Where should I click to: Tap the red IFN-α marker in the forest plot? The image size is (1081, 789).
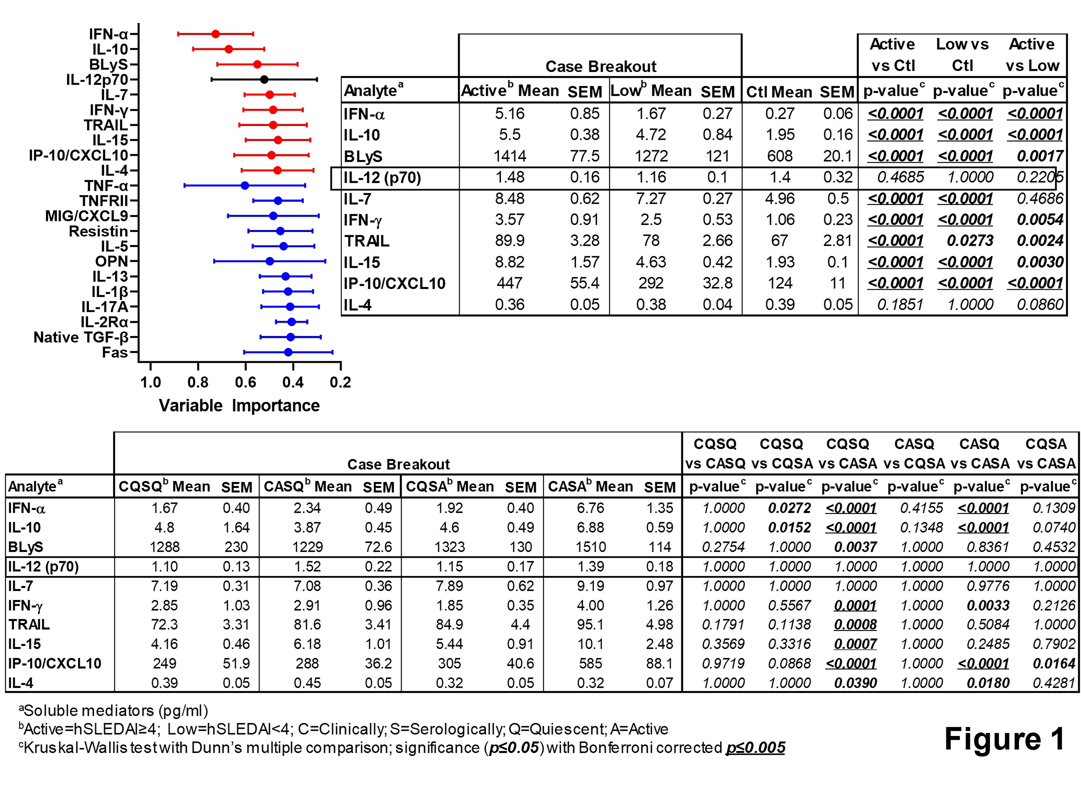[x=216, y=34]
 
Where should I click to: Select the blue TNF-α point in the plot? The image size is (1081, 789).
[x=245, y=185]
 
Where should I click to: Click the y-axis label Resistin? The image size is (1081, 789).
[x=98, y=231]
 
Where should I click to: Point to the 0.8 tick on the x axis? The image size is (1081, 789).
[x=198, y=382]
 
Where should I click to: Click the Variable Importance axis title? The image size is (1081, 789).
[x=239, y=406]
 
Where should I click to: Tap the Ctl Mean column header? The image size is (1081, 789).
[x=779, y=91]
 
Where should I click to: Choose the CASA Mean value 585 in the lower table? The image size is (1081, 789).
[x=591, y=663]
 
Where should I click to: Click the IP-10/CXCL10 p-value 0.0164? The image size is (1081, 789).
[x=1054, y=663]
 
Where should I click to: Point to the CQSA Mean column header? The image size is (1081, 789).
[x=449, y=487]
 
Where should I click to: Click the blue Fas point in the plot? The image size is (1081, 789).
[x=288, y=352]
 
